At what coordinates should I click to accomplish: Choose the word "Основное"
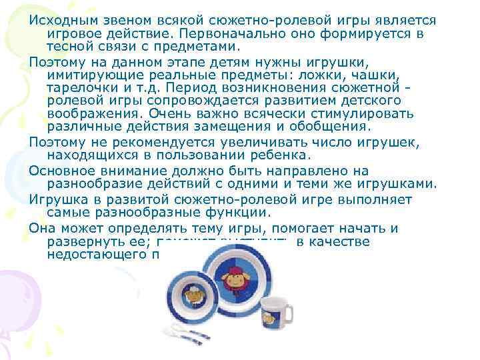click(61, 170)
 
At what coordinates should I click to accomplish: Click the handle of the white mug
click(289, 314)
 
